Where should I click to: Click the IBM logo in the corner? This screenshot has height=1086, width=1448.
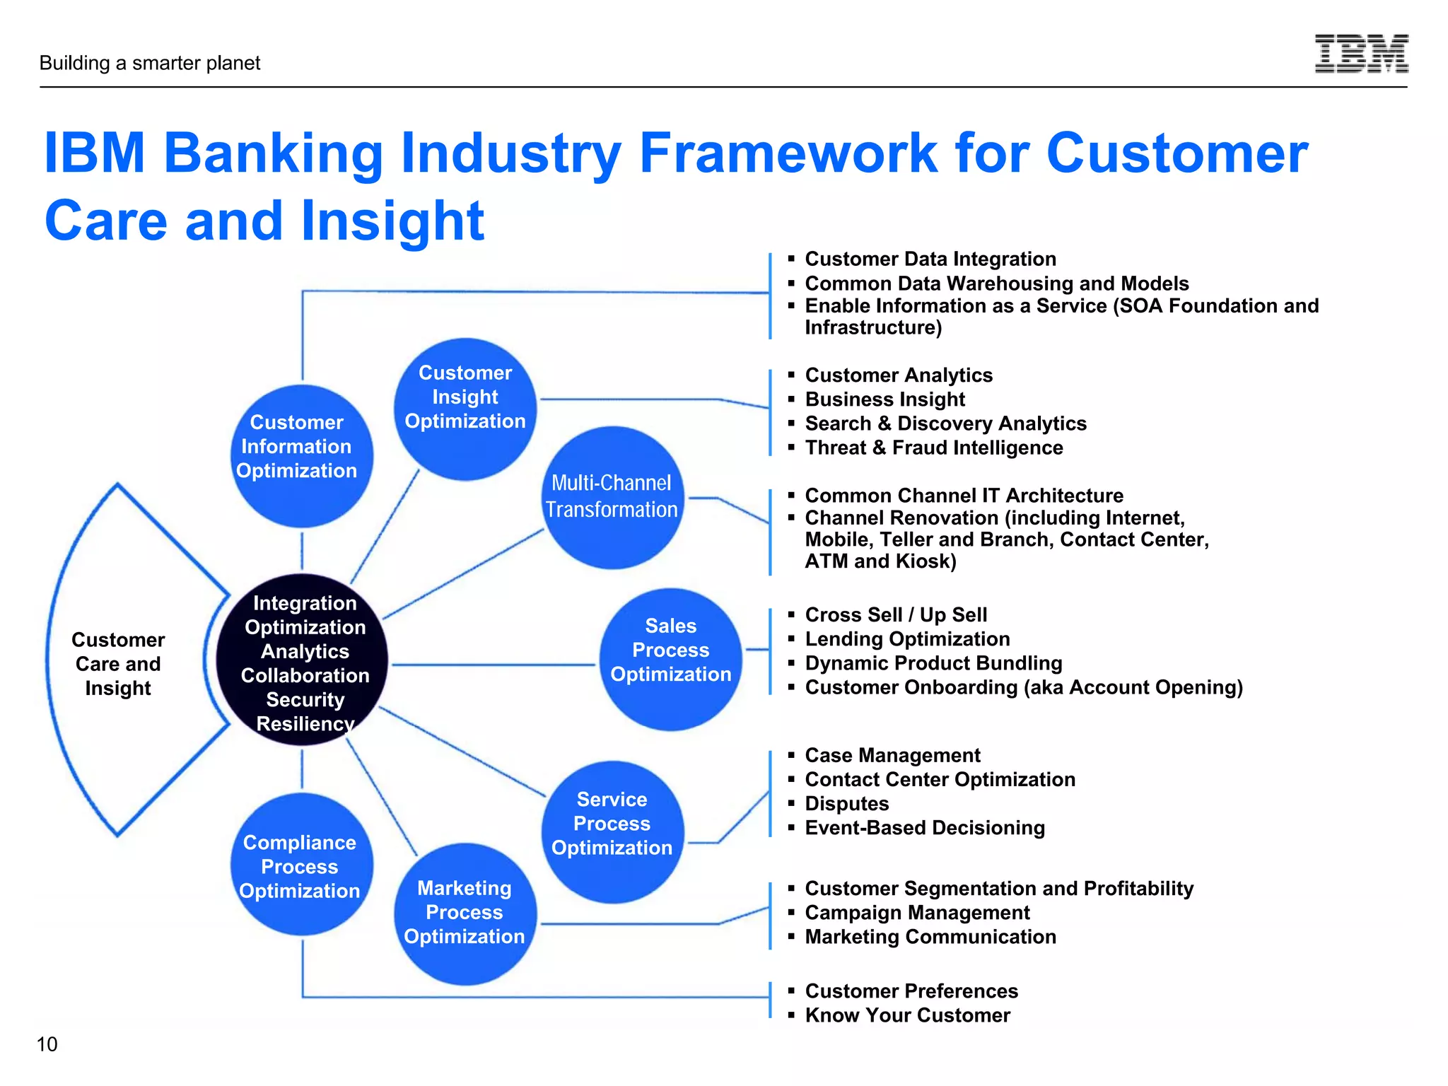pos(1361,54)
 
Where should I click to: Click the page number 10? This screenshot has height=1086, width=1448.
pos(47,1044)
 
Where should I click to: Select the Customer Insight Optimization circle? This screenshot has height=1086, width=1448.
pos(465,409)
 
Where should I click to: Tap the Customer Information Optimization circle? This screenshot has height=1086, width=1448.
pos(302,456)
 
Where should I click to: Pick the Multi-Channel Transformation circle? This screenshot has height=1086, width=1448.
pos(612,497)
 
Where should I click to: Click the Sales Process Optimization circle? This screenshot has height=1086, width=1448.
pos(670,659)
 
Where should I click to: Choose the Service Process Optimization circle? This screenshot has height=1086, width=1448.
pos(612,831)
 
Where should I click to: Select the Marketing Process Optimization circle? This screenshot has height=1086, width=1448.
pos(465,913)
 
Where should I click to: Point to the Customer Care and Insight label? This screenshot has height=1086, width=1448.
pos(118,663)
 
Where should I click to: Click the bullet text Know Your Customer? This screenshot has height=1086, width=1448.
pos(907,1015)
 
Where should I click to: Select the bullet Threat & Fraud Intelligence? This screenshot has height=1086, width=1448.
pos(933,448)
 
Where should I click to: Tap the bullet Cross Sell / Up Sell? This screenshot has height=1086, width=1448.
pos(896,614)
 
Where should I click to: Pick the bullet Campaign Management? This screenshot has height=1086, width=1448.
pos(917,912)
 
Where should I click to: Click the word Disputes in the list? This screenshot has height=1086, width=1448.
pos(846,803)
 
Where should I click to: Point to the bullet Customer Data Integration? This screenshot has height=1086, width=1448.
pos(930,259)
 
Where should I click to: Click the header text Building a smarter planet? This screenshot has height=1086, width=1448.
pos(150,63)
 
